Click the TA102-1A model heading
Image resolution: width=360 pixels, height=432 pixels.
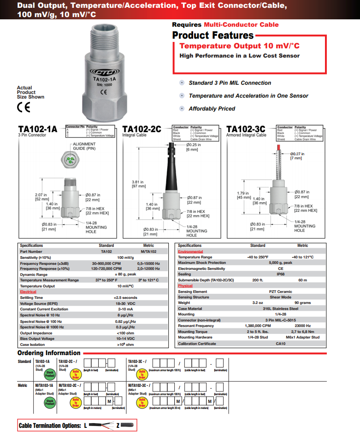click(38, 129)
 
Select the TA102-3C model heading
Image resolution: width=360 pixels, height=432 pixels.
click(246, 129)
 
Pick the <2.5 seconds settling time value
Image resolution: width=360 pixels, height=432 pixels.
click(125, 298)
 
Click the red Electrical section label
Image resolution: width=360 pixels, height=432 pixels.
click(28, 292)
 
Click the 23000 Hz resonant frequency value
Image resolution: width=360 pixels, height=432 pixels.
click(302, 326)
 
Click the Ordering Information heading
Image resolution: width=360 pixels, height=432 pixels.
click(49, 353)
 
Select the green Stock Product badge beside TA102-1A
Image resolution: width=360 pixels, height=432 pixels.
click(50, 373)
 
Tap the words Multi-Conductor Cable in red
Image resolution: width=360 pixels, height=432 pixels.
click(241, 25)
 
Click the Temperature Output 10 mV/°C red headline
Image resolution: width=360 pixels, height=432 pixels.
click(239, 46)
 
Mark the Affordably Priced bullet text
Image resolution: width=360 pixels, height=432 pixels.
click(212, 109)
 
